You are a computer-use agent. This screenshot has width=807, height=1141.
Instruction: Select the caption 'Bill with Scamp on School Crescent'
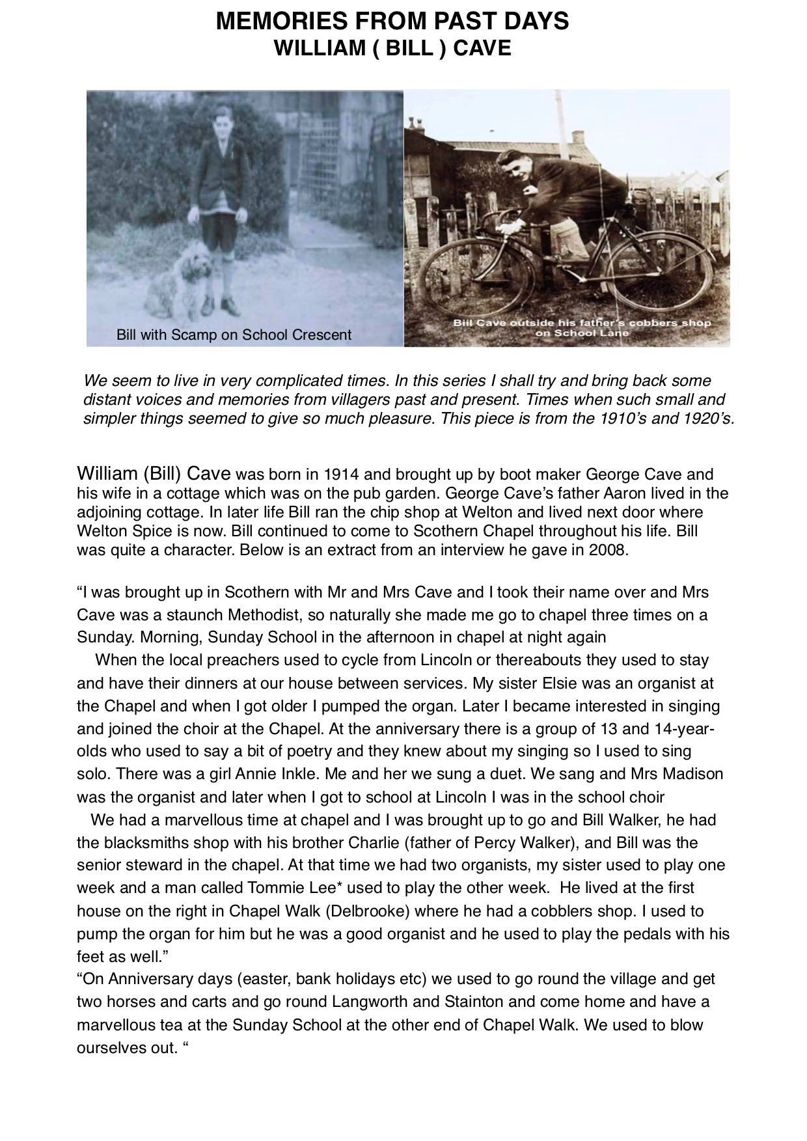click(x=234, y=335)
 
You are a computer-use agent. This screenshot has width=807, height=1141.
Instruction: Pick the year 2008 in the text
click(x=609, y=550)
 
